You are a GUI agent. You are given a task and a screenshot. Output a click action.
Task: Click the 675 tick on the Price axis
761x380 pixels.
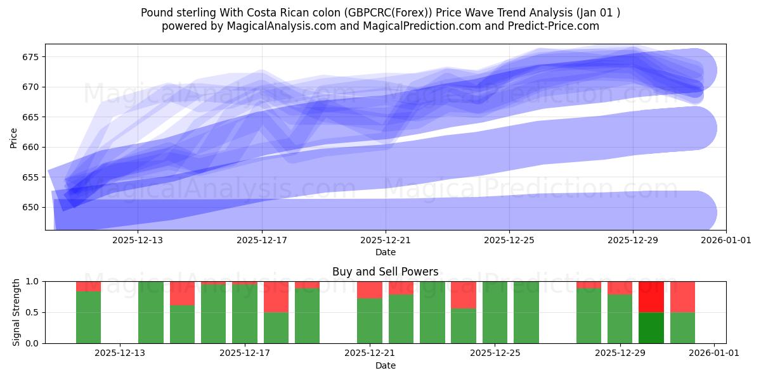[31, 57]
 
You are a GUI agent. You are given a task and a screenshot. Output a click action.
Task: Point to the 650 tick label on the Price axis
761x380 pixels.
[31, 207]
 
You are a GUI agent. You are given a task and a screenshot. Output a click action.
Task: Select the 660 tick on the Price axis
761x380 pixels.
[31, 147]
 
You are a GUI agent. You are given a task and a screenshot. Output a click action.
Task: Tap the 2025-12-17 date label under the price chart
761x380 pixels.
[262, 241]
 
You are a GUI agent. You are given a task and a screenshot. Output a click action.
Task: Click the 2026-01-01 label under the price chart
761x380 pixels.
[726, 241]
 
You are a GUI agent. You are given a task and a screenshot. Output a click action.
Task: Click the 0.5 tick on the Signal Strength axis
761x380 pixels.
[32, 312]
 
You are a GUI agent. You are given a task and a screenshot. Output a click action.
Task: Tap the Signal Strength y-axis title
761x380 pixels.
[17, 312]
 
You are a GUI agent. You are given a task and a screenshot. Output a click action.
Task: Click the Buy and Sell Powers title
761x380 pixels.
[385, 272]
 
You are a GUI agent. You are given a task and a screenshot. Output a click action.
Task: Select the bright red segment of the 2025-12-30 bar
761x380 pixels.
[651, 296]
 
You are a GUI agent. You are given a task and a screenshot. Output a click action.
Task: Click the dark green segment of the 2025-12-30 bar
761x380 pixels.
[651, 328]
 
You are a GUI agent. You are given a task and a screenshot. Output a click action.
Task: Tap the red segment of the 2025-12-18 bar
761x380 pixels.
[276, 296]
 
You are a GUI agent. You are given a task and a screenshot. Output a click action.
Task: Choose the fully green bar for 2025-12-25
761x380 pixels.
[495, 312]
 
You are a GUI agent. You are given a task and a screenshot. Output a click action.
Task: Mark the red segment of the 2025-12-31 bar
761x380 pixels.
[682, 296]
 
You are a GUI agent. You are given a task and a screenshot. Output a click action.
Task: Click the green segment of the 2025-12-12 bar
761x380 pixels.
[88, 317]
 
